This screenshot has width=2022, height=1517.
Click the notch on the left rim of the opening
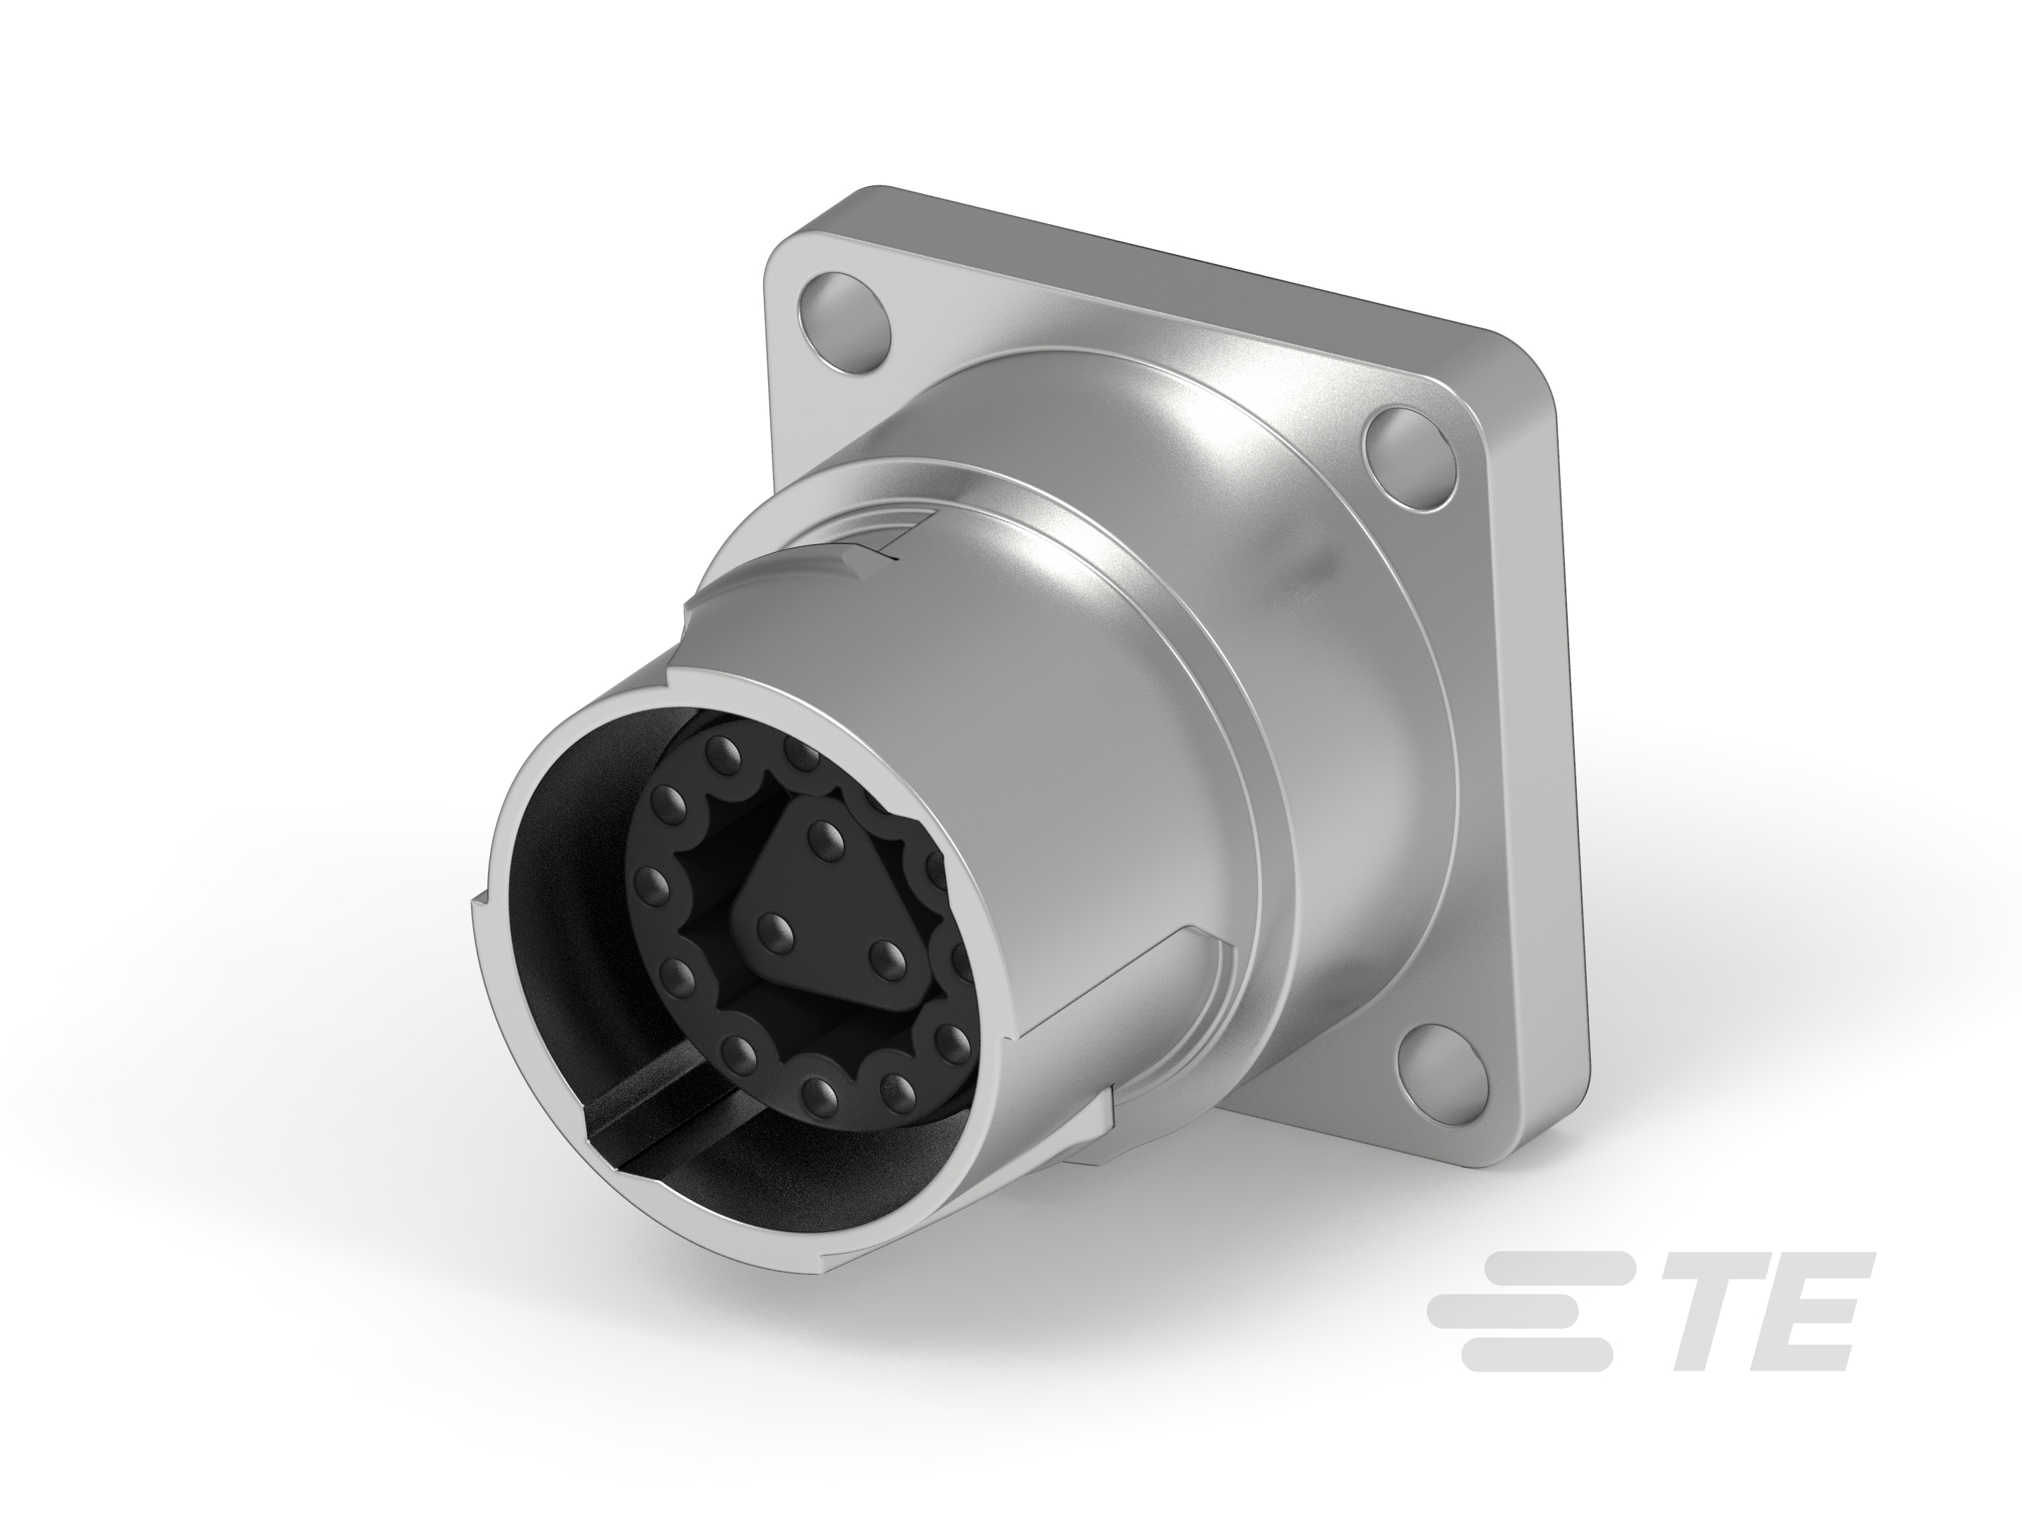[x=475, y=905]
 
